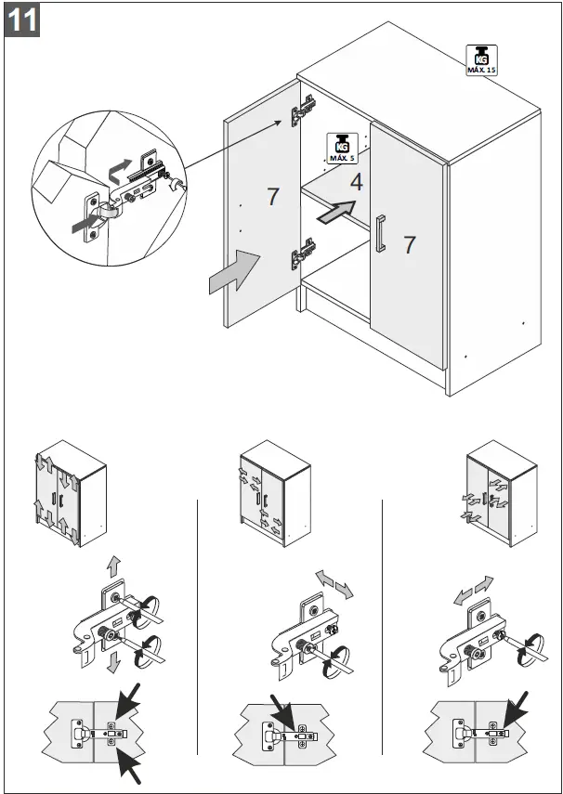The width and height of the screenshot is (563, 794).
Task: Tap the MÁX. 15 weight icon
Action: [480, 59]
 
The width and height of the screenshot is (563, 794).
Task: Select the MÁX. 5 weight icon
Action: [342, 148]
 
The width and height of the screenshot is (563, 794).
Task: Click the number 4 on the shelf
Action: [356, 182]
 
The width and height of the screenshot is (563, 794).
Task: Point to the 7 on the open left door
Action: [272, 197]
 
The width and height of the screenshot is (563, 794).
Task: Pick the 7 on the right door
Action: [410, 245]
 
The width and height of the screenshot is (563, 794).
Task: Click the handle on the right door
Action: [380, 232]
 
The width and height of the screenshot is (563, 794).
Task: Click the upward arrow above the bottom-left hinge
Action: [112, 565]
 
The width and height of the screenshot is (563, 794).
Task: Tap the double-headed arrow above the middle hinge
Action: [334, 585]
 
